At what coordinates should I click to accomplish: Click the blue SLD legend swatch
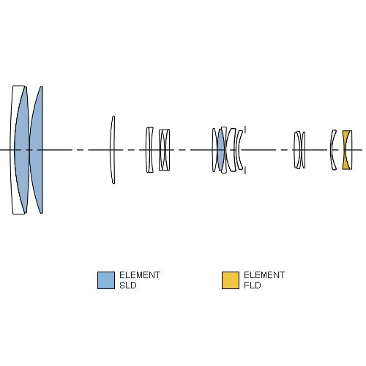pos(106,280)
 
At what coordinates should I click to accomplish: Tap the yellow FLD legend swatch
pos(231,280)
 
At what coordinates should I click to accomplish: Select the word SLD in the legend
pos(127,285)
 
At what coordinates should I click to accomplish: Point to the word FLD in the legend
pos(253,285)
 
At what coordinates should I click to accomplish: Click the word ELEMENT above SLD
pos(140,275)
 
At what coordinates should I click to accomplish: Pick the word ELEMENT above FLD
pos(264,275)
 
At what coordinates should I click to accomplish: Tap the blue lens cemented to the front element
pos(22,150)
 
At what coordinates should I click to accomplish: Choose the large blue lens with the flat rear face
pos(37,150)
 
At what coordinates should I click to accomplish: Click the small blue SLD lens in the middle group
pos(221,150)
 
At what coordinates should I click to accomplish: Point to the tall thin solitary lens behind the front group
pos(113,150)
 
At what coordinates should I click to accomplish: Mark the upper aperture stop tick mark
pos(245,130)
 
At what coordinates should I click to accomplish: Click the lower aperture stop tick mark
pos(245,171)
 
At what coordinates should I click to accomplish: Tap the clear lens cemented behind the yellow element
pos(350,150)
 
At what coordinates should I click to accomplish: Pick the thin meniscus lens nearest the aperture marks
pos(238,150)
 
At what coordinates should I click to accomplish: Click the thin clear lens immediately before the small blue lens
pos(214,150)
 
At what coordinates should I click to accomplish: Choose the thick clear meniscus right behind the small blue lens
pos(229,150)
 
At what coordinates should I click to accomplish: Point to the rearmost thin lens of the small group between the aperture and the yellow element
pos(303,150)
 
